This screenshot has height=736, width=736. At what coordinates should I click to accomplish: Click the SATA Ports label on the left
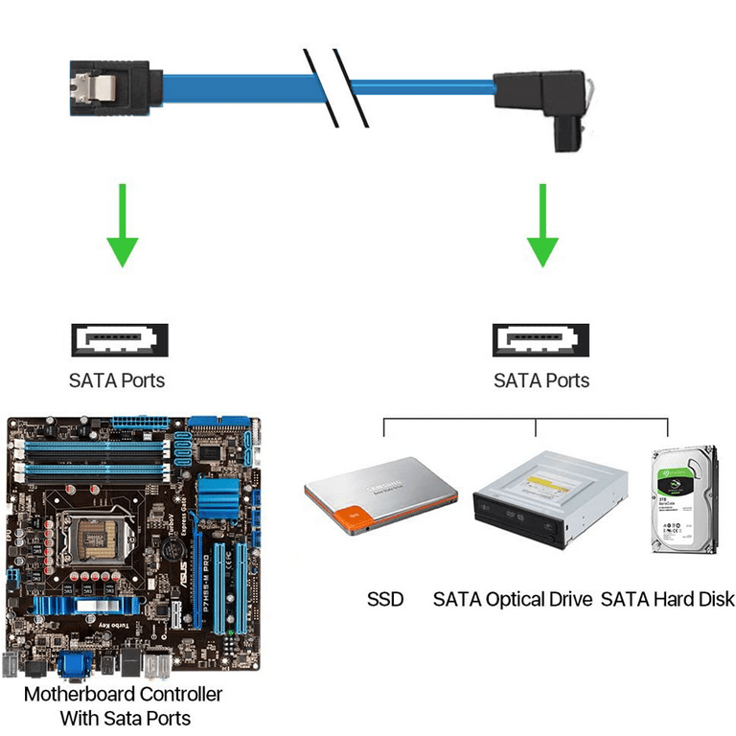coord(117,380)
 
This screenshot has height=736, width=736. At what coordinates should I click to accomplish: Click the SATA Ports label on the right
coord(541,380)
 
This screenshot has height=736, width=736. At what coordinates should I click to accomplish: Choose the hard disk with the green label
coord(684,498)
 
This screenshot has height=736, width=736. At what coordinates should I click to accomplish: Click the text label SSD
coord(385,600)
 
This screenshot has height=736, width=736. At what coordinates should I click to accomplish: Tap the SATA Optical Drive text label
coord(512,600)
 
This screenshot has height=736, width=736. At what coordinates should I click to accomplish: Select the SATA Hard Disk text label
coord(667,600)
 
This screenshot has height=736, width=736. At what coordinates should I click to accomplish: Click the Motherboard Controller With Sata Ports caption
coord(125,705)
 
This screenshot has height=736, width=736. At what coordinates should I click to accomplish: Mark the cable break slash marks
coord(335,86)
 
